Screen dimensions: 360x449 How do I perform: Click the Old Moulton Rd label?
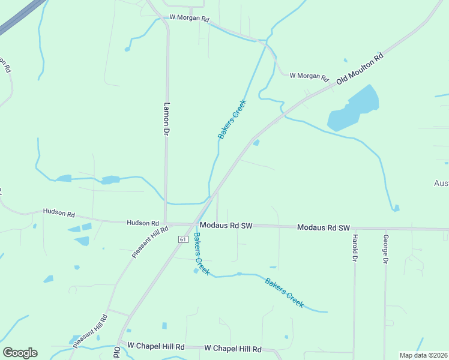click(360, 69)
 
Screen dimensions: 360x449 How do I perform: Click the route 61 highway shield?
click(182, 239)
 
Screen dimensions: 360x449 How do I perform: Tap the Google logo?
click(20, 352)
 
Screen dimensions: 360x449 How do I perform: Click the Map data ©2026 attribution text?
click(423, 355)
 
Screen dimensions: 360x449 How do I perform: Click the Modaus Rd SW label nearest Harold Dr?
click(324, 228)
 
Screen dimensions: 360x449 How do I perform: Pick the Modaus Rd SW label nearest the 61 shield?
click(226, 226)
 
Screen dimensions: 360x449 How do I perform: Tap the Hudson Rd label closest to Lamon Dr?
click(142, 223)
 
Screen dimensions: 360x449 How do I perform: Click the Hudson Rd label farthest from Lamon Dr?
click(58, 212)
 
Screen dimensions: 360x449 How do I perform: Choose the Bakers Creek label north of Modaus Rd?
click(232, 119)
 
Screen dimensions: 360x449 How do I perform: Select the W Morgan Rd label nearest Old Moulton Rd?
click(309, 77)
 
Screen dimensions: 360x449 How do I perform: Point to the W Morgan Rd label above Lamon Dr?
click(189, 19)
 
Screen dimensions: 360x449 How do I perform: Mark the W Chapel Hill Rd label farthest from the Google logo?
click(233, 349)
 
